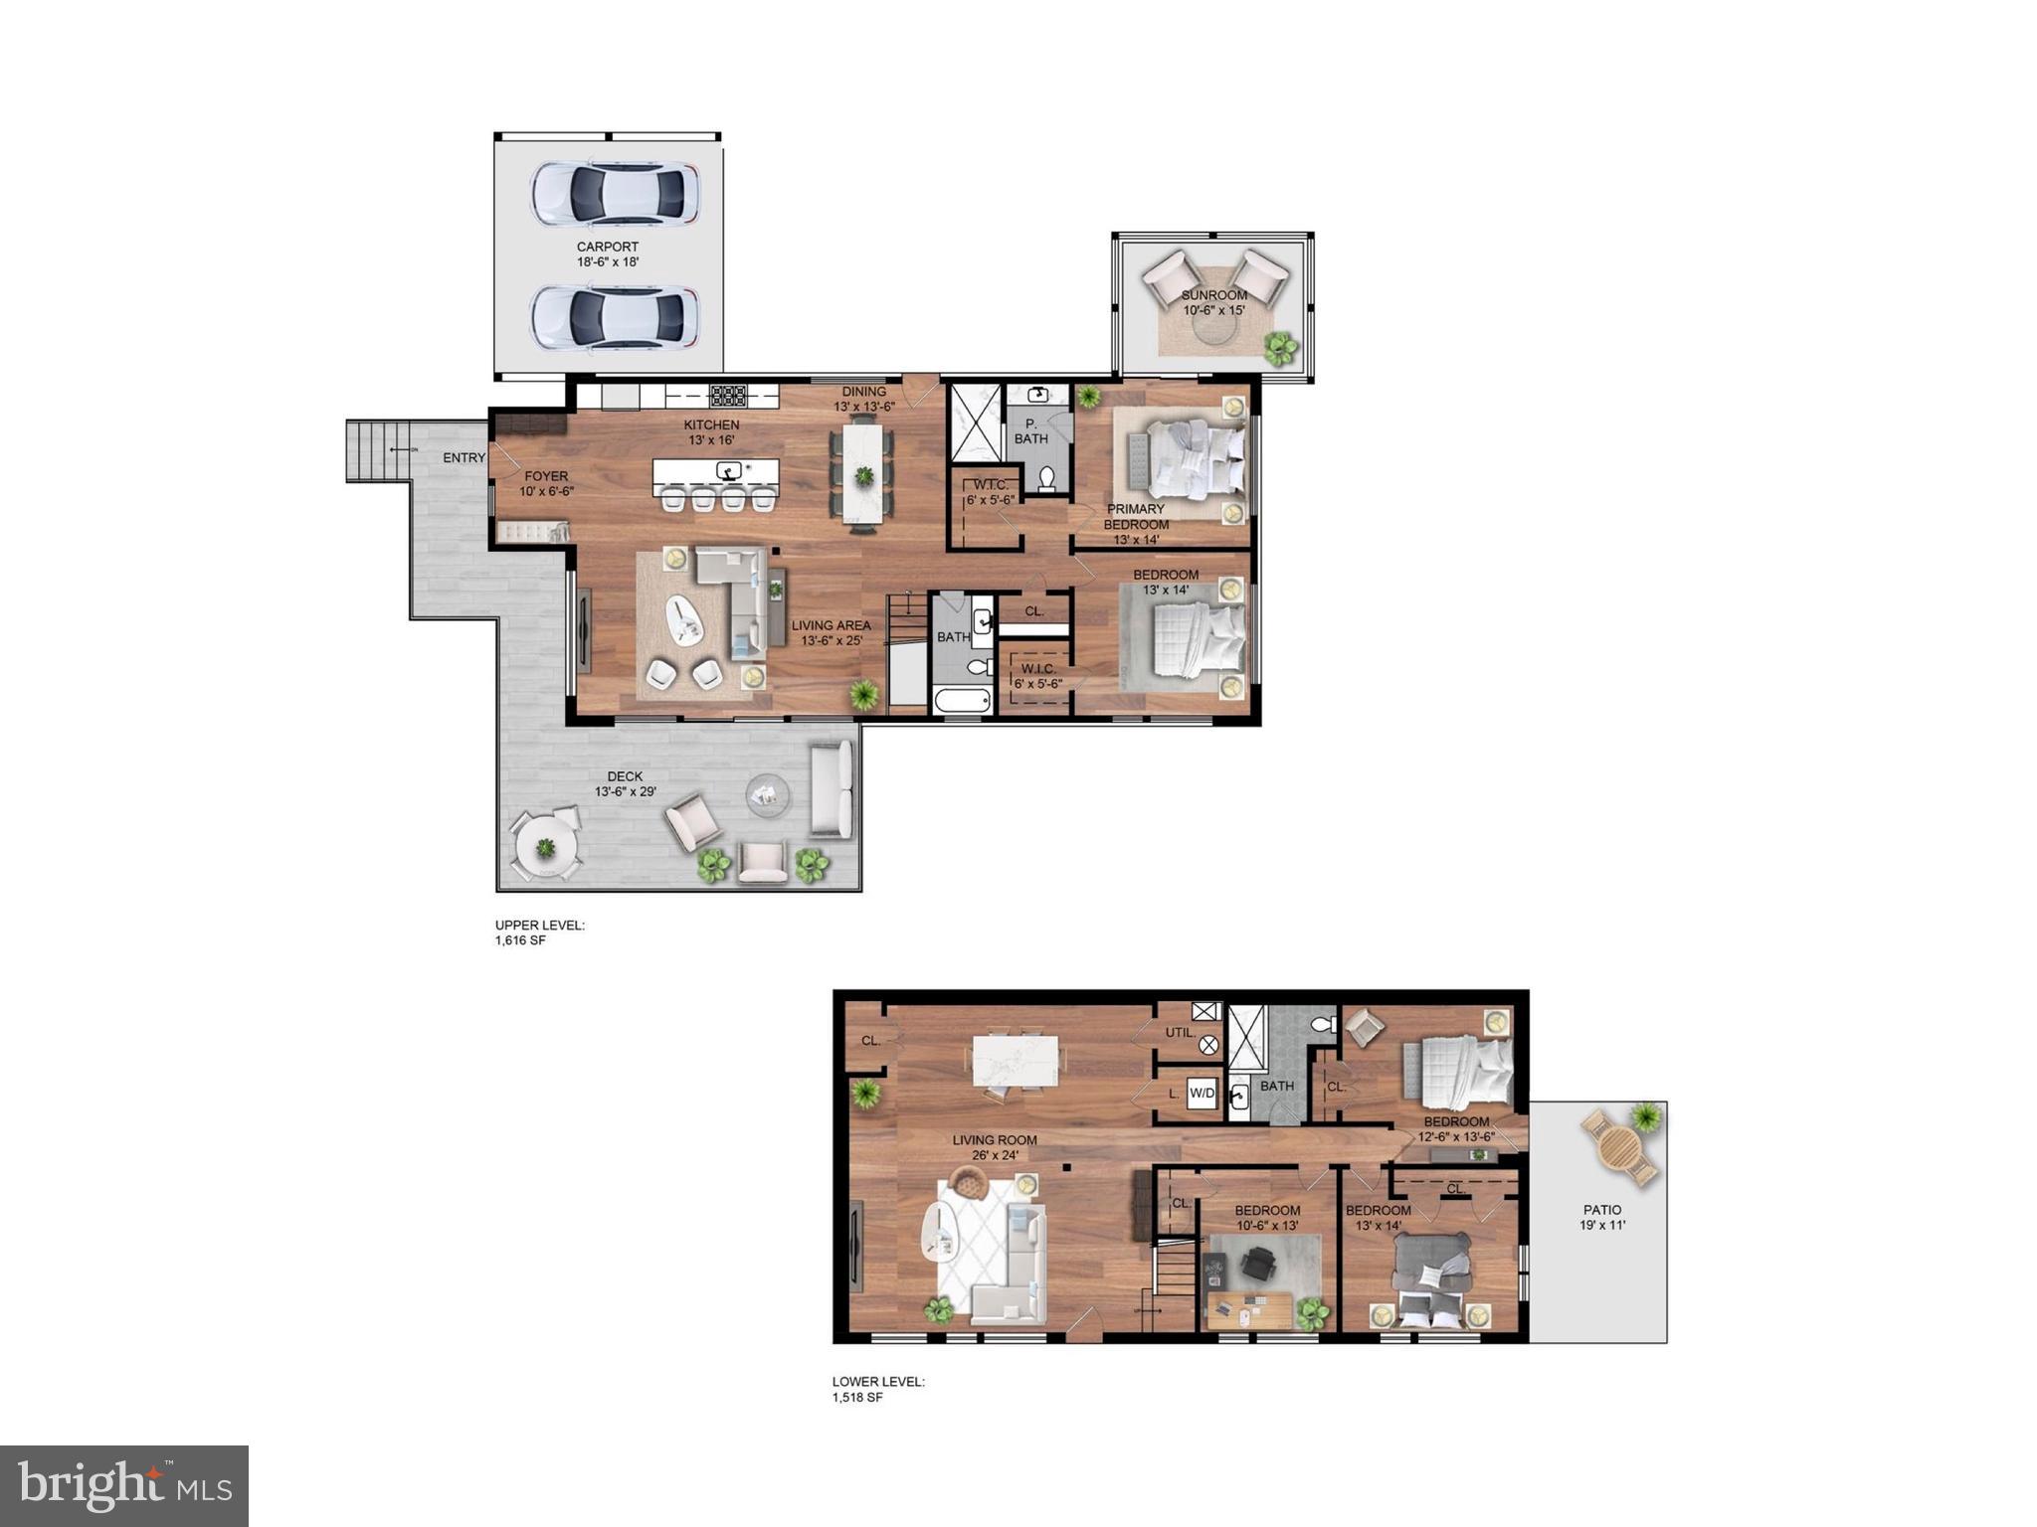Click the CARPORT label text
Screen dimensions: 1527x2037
[x=608, y=247]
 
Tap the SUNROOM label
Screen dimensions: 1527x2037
[x=1213, y=295]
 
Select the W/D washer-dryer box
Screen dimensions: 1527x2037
[x=1202, y=1094]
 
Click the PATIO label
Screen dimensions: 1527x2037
[x=1601, y=1210]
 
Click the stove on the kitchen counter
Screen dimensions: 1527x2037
[x=727, y=396]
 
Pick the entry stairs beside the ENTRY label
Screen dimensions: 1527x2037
[x=377, y=450]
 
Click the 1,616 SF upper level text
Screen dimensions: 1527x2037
[x=520, y=940]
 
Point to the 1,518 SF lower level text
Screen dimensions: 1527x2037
[x=857, y=1397]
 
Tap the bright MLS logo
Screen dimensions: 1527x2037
[x=124, y=1485]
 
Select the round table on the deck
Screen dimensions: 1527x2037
[x=545, y=848]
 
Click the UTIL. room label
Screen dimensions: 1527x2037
[x=1180, y=1033]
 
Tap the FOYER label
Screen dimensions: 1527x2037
[x=546, y=476]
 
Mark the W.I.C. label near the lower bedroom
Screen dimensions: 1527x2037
[x=1037, y=669]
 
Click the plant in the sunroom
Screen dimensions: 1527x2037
[x=1280, y=347]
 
